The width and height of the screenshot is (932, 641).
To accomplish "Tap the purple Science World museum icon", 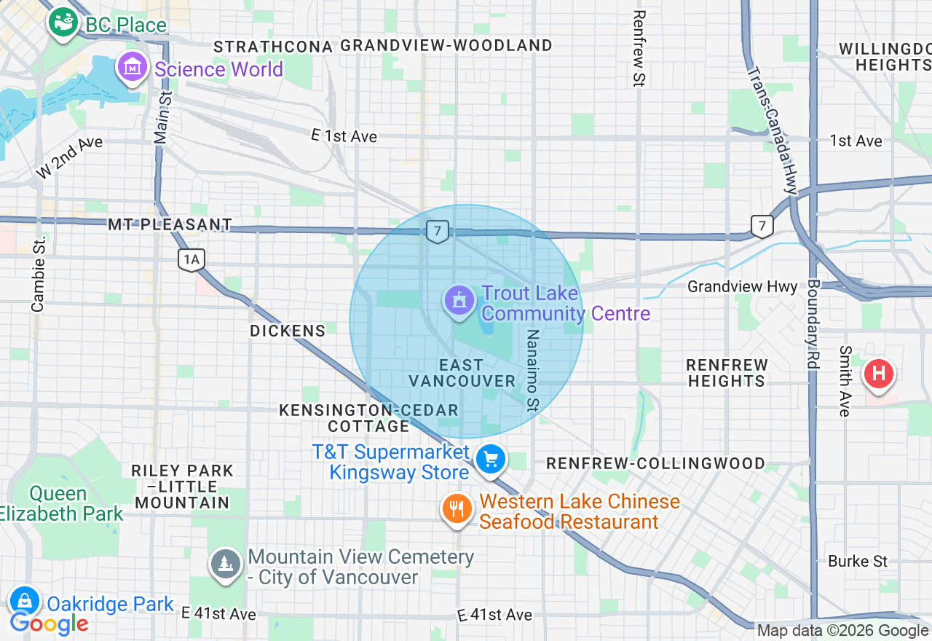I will tap(132, 68).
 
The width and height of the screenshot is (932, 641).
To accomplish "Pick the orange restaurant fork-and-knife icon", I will tap(457, 508).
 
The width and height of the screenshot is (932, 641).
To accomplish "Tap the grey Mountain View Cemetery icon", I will tap(226, 565).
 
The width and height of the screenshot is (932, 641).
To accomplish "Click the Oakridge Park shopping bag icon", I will tap(25, 602).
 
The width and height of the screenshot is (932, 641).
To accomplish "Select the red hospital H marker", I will tap(878, 374).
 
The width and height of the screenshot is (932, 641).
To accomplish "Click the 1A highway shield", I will tap(191, 259).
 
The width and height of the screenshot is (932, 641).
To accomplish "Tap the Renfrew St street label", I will tap(639, 49).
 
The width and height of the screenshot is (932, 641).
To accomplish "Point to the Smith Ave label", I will tap(845, 381).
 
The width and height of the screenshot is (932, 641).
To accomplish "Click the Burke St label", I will tap(858, 561).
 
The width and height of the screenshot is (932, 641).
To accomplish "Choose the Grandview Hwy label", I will tap(743, 287).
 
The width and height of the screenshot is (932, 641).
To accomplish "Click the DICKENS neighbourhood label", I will tap(288, 331).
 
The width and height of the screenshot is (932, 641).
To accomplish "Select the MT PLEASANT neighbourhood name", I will tap(170, 224).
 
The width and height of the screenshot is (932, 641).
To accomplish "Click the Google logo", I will tap(49, 624).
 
